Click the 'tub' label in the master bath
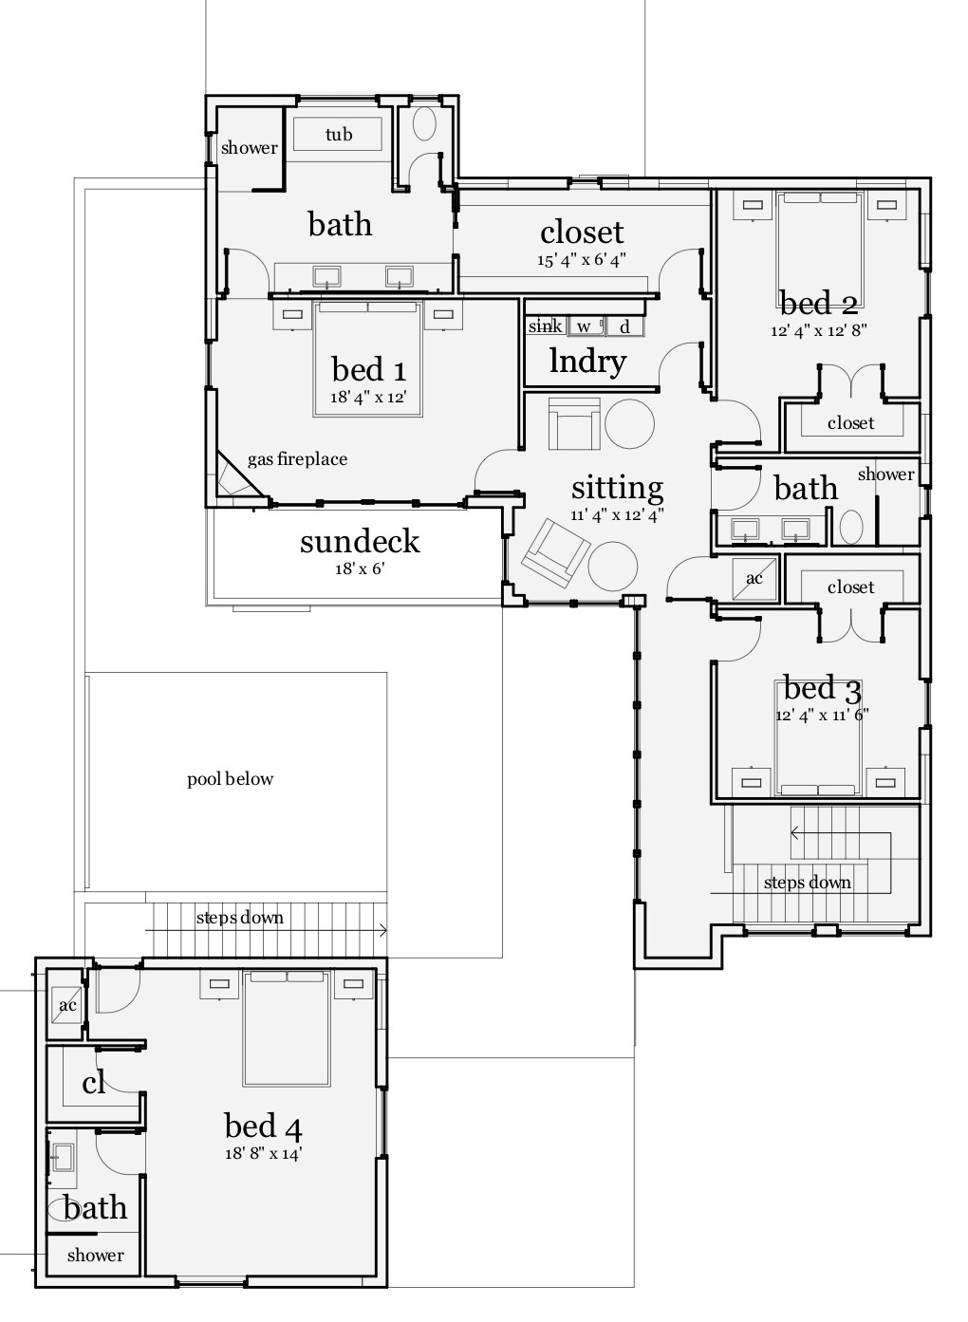338,134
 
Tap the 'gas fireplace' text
297,459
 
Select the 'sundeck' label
359,541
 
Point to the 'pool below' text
230,779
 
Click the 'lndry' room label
587,362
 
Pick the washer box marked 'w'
585,326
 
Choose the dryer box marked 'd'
624,326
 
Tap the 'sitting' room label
617,488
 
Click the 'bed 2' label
819,304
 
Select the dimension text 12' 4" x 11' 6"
822,715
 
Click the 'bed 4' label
263,1126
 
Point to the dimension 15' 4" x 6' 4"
582,258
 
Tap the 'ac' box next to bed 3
754,578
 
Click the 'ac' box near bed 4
67,1005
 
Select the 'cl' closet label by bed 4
93,1083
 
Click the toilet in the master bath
424,125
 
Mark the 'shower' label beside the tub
249,147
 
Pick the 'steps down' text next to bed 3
807,883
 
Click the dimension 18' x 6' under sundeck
359,569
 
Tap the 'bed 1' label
368,369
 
